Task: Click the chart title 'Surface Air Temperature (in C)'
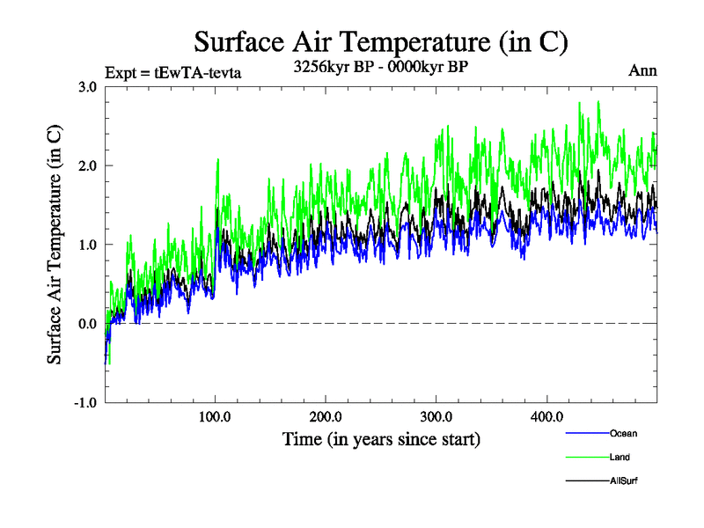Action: pos(381,42)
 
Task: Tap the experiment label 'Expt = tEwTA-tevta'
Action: pos(172,72)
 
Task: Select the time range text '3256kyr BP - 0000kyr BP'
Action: pos(381,66)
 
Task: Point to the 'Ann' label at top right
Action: pos(642,70)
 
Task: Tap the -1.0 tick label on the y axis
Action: pos(85,403)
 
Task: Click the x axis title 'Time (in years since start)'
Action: pos(381,438)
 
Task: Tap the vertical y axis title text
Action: pos(55,245)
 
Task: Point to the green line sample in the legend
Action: pos(585,458)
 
